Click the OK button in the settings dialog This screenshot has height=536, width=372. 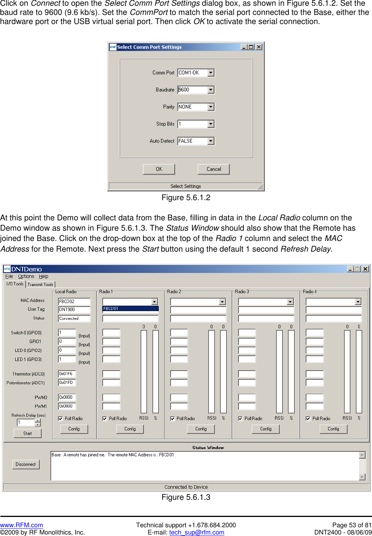pos(159,169)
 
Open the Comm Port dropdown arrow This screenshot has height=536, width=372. pos(211,73)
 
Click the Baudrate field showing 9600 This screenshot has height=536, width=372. pos(193,90)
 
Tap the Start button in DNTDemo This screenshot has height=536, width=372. pos(27,433)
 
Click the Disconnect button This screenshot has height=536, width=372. pos(26,464)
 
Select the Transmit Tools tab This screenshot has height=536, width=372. pos(40,284)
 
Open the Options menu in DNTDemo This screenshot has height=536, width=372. pos(26,276)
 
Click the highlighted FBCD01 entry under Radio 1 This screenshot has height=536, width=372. pos(130,309)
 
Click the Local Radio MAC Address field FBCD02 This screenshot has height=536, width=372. pos(74,302)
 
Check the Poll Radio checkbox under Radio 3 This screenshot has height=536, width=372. pos(240,419)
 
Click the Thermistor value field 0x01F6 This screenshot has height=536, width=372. pos(67,374)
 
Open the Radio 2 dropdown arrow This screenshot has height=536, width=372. pos(222,302)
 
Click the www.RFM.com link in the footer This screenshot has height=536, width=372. pos(21,525)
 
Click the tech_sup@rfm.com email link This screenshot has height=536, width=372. pos(196,533)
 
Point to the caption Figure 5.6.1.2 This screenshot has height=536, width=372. pos(186,197)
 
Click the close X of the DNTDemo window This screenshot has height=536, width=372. pos(365,269)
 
